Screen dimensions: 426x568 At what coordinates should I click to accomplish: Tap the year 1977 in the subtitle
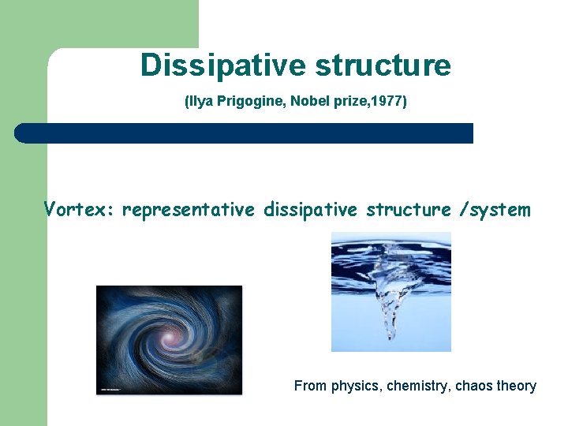390,102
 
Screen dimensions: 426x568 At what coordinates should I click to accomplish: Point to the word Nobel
310,102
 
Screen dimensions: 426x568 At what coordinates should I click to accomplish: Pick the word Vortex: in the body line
80,210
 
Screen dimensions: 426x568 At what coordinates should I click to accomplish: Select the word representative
189,210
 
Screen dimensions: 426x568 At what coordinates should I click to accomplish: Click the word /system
493,210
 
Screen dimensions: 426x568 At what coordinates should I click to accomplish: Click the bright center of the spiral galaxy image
168,338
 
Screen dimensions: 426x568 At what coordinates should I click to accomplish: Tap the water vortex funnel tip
390,335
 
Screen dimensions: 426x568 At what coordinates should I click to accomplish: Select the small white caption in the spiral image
114,388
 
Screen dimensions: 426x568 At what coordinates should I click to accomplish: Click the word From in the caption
311,386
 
